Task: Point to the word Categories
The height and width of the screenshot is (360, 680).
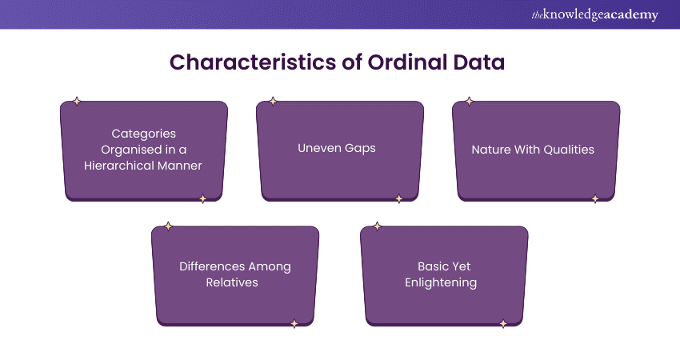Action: click(x=143, y=134)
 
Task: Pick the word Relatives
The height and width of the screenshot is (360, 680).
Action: click(x=235, y=282)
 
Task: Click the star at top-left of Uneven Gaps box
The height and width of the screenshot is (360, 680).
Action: click(x=273, y=102)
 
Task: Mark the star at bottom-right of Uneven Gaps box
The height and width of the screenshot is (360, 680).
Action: click(x=398, y=199)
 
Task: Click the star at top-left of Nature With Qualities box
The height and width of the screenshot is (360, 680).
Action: click(x=469, y=102)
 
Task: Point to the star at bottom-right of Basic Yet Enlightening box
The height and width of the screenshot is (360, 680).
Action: click(x=503, y=324)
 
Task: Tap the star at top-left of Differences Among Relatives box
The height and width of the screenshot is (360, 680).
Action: click(x=168, y=226)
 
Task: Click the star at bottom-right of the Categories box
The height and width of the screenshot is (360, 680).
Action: click(x=202, y=199)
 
